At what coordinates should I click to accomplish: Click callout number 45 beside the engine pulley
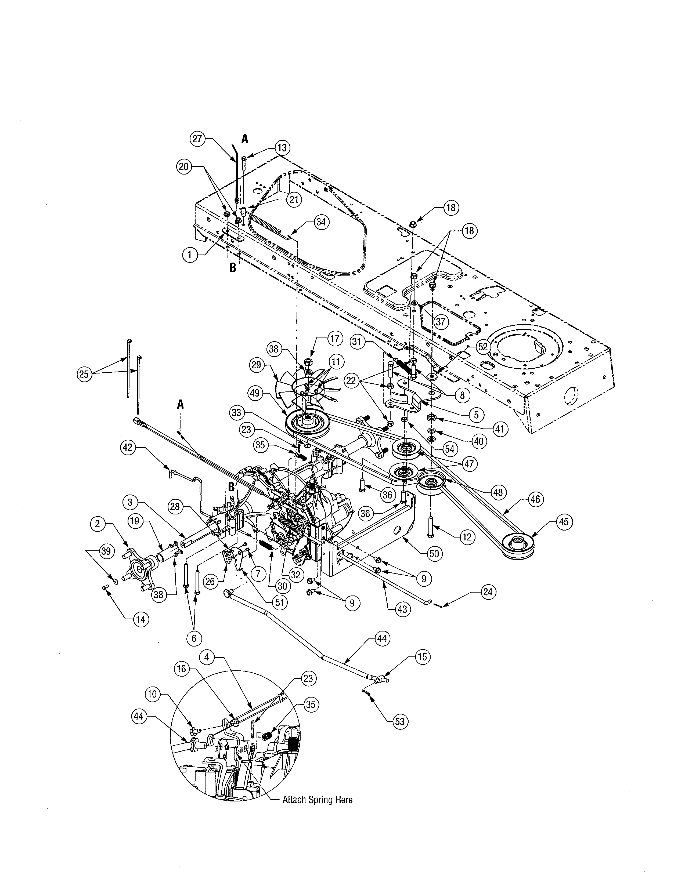tap(563, 522)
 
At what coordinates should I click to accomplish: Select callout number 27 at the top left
tap(197, 139)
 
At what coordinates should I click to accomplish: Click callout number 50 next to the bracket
tap(434, 554)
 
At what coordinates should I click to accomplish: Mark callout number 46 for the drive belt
tap(535, 499)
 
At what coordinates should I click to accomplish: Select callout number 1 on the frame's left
tap(189, 255)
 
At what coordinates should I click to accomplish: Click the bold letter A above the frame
tap(245, 139)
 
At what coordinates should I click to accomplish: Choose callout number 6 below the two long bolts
tap(194, 638)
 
